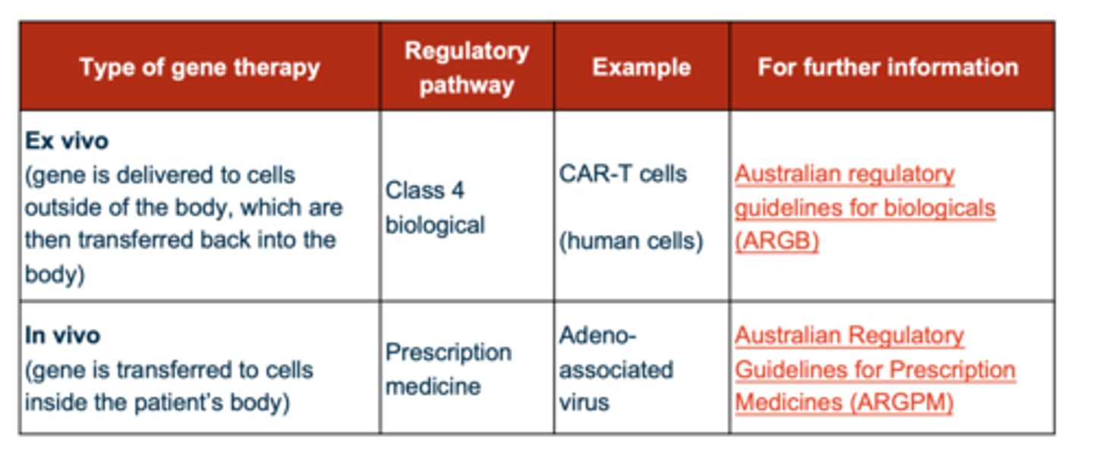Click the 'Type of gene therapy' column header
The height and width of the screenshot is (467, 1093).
[x=200, y=67]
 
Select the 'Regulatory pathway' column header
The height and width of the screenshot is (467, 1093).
[x=466, y=67]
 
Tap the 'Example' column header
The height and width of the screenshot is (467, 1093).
[x=641, y=67]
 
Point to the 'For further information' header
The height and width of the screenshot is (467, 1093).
[x=888, y=67]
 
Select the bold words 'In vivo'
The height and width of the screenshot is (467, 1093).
[x=62, y=335]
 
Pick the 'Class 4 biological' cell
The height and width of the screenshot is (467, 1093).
[x=435, y=207]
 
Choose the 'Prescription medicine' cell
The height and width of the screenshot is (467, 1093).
[x=448, y=369]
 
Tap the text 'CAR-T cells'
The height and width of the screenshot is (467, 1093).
[x=622, y=174]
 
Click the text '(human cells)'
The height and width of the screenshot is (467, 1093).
[x=631, y=241]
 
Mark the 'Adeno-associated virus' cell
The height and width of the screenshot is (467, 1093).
[x=616, y=369]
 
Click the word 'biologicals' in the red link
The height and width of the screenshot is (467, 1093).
[x=940, y=208]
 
